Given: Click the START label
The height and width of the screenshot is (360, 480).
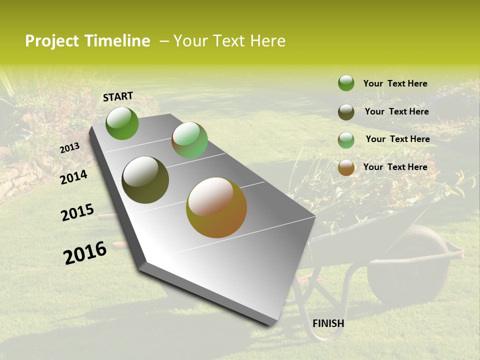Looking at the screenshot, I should [118, 96].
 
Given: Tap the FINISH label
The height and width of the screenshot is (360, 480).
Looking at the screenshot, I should [328, 323].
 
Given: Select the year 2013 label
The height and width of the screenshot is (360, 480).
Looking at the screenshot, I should [69, 148].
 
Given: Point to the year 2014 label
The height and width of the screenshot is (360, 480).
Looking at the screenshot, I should [73, 177].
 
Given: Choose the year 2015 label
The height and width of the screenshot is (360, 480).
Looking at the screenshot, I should [77, 212].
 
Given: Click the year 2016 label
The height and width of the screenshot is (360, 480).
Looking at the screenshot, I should [85, 253].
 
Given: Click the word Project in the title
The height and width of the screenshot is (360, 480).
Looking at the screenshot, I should [52, 41].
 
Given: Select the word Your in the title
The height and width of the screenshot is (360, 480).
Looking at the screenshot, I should [189, 41].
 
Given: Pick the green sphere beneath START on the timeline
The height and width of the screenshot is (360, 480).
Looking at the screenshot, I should [122, 123].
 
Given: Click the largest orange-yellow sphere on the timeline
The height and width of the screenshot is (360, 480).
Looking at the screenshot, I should [216, 207].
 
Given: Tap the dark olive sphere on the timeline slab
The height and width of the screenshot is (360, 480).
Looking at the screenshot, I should [145, 180].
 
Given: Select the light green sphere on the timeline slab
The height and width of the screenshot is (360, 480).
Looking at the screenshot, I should [189, 140].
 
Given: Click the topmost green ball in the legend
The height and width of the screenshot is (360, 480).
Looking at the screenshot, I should [346, 83].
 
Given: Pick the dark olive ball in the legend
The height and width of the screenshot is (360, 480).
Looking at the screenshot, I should [346, 112].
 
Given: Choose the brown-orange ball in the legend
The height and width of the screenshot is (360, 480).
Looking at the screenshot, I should [346, 167].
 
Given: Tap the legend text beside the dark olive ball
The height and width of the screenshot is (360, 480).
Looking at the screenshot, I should [396, 111].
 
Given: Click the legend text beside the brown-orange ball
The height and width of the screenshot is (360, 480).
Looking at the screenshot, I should [395, 167].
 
